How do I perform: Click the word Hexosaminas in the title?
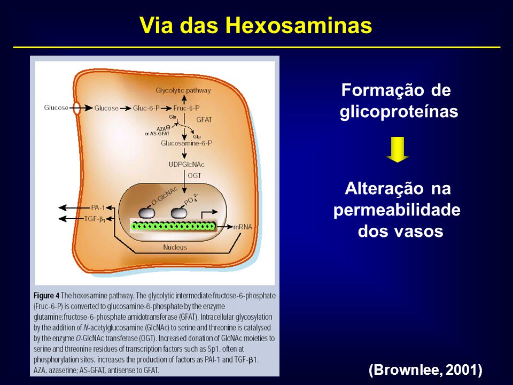298,25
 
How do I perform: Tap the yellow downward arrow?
398,149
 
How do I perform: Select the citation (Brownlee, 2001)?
425,370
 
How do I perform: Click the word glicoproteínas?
399,112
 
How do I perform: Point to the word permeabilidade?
397,210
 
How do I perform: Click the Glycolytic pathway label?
183,91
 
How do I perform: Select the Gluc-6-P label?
146,108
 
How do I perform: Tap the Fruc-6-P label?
186,108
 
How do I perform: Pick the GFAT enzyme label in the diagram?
204,120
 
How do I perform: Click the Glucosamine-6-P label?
186,143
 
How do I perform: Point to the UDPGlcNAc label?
186,164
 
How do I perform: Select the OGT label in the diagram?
195,176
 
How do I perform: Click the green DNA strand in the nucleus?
173,226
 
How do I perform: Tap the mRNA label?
243,227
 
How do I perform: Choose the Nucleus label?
175,248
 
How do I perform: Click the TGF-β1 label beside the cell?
95,219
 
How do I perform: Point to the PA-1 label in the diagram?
98,207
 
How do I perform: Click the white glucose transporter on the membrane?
76,109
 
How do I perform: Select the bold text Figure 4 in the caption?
46,296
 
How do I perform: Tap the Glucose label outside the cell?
56,107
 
